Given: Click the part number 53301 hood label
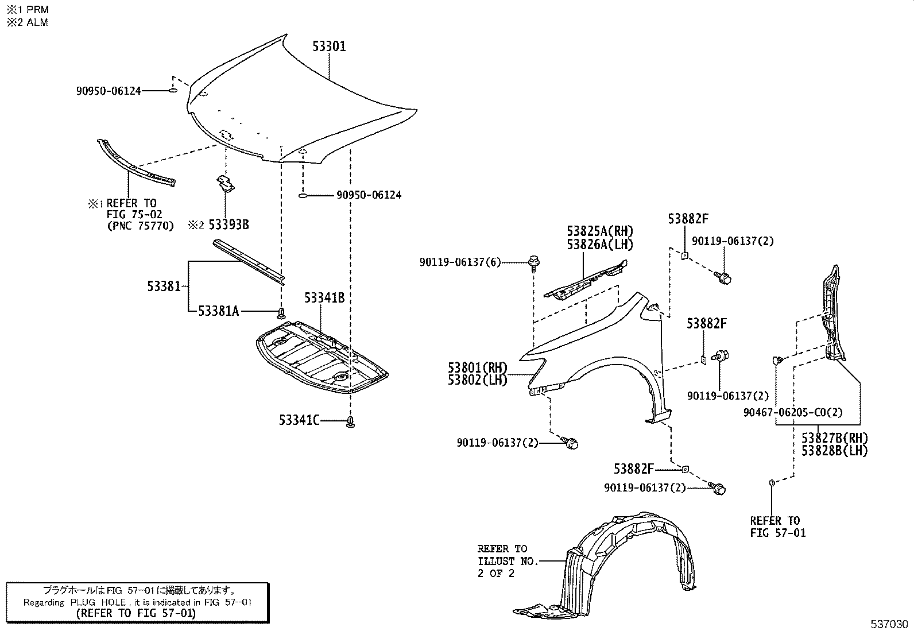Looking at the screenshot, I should click(329, 47).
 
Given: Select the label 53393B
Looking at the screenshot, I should click(228, 224).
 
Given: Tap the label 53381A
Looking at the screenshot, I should click(218, 311).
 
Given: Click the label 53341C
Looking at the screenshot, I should click(299, 420).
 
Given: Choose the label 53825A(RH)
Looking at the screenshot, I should click(599, 231).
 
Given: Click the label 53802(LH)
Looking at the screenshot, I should click(478, 380).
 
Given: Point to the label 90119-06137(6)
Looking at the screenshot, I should click(460, 262).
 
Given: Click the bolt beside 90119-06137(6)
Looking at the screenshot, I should click(534, 261).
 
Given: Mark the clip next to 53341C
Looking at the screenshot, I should click(350, 423).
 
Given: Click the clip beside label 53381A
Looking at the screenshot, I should click(281, 313).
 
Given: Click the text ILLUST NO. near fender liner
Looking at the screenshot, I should click(508, 561).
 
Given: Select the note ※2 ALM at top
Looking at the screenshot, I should click(27, 22).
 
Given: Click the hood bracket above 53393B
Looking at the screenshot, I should click(226, 183).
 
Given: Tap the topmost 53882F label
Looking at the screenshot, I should click(688, 219).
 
